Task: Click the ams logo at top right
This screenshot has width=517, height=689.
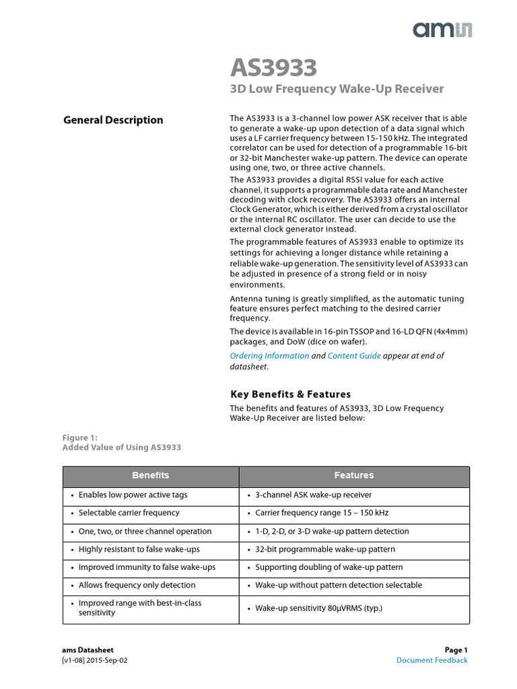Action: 442,29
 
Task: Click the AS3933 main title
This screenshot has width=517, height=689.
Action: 273,68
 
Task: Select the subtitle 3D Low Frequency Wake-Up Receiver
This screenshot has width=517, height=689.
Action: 337,89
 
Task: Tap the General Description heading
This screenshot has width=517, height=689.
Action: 113,120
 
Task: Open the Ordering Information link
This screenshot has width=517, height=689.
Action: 269,356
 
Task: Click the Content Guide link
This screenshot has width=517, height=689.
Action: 354,356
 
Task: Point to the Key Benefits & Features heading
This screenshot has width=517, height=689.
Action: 290,394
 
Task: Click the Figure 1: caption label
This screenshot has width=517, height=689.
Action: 79,437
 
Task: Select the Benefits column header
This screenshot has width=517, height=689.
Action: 151,476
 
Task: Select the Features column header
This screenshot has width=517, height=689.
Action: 354,476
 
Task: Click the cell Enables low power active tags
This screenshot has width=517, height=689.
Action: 133,495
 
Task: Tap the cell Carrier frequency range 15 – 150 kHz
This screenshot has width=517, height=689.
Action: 322,513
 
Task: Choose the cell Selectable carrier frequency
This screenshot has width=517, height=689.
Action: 129,513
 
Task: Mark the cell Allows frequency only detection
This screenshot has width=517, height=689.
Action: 137,585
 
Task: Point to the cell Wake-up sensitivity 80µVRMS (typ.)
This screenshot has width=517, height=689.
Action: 318,608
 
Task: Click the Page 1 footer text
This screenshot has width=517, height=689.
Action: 456,650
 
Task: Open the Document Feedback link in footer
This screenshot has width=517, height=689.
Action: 432,660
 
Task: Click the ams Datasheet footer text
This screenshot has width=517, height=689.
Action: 88,650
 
